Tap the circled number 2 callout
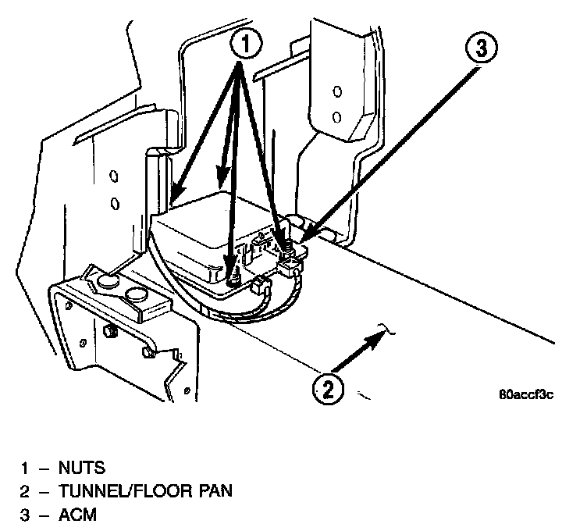(327, 388)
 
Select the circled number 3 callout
(480, 49)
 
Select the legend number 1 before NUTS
(26, 468)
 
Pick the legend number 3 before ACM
(26, 515)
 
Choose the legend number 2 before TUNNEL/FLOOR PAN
(26, 491)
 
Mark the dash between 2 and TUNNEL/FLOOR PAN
(44, 491)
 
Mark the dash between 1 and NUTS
(44, 468)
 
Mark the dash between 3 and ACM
(44, 515)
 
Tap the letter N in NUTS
(64, 468)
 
